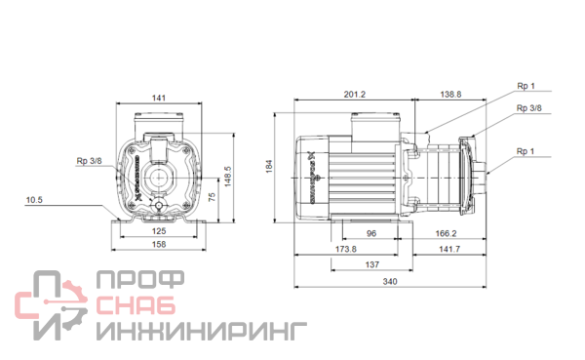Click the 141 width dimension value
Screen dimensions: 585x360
159,98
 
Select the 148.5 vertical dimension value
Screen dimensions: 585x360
228,177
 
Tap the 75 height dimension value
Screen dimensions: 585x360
212,197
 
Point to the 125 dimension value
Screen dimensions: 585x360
159,231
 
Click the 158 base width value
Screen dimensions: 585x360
159,244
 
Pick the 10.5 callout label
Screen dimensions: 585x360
34,200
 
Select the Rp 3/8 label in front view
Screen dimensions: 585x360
89,161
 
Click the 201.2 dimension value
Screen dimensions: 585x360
355,95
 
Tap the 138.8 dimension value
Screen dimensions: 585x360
450,95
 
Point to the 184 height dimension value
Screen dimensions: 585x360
269,166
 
